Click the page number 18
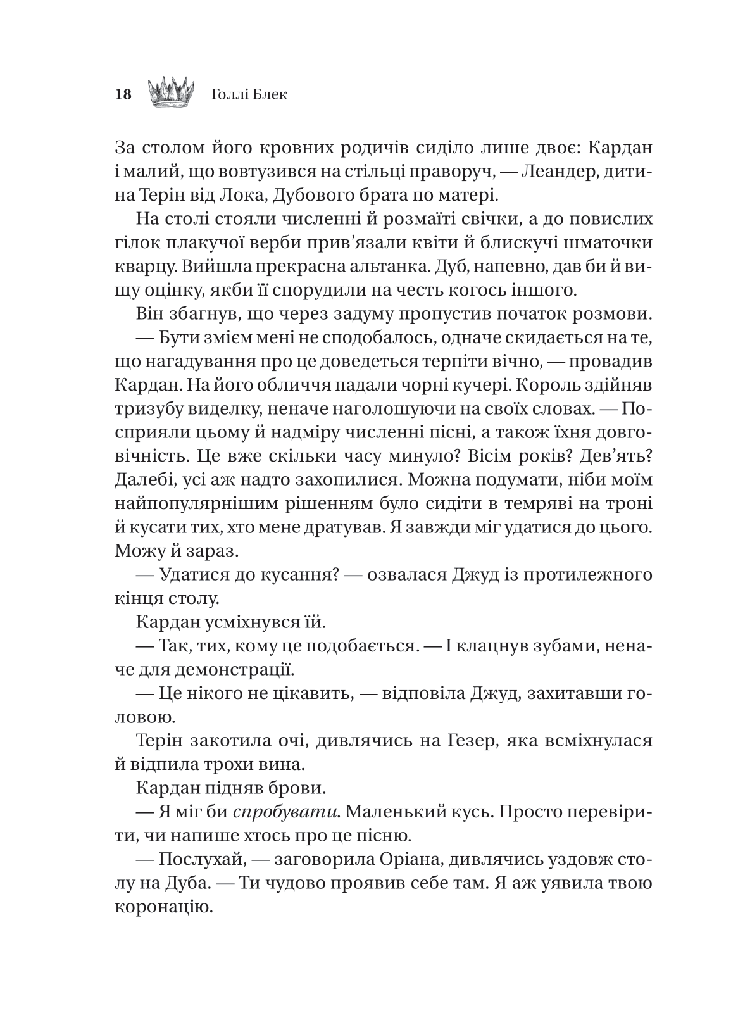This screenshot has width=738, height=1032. pyautogui.click(x=123, y=95)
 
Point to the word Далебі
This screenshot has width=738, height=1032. pyautogui.click(x=144, y=480)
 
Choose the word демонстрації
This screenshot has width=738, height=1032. pyautogui.click(x=230, y=669)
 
